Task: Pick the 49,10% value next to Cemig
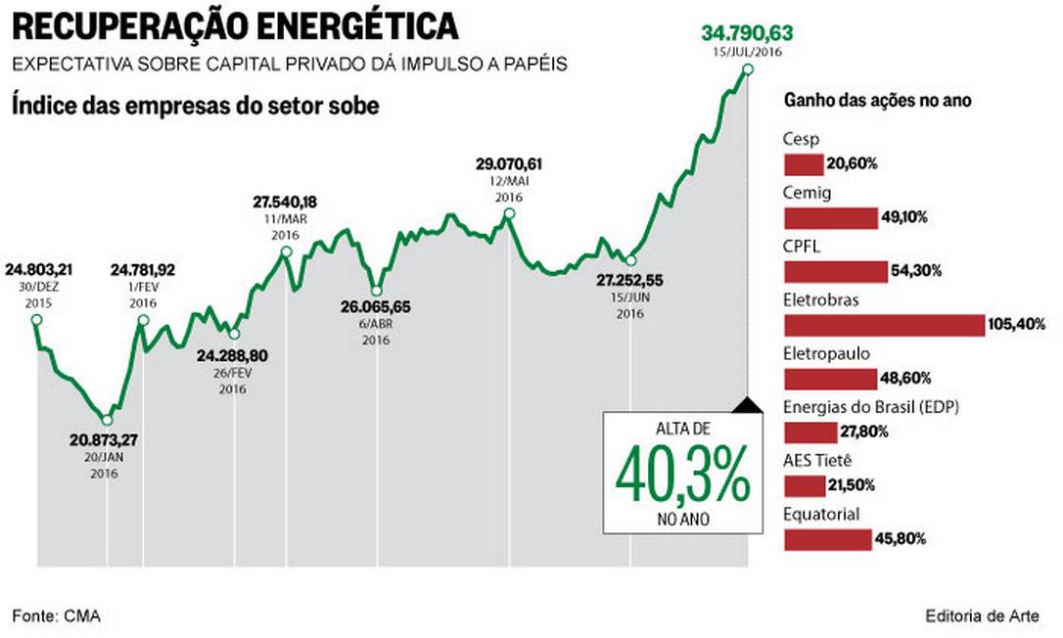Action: (901, 217)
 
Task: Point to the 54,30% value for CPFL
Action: (913, 270)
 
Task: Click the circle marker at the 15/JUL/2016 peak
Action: (749, 68)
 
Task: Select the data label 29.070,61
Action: (509, 163)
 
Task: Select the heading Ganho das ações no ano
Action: (877, 102)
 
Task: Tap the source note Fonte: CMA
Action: (57, 615)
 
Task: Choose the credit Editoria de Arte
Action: (982, 615)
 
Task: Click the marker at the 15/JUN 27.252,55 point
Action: (630, 260)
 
